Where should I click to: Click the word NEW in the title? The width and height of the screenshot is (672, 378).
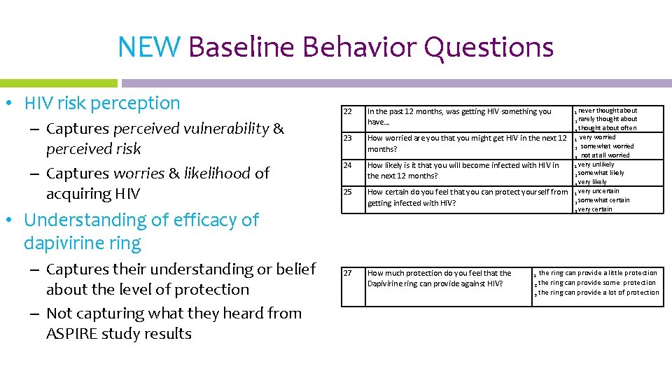pyautogui.click(x=149, y=48)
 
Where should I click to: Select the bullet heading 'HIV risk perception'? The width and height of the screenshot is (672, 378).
pyautogui.click(x=102, y=104)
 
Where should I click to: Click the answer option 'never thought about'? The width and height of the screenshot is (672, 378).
pyautogui.click(x=607, y=111)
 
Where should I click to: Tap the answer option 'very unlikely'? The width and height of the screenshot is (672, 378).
pyautogui.click(x=596, y=164)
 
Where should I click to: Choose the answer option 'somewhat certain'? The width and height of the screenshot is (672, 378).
pyautogui.click(x=603, y=200)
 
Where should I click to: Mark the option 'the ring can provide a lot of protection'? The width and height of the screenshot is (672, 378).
pyautogui.click(x=598, y=293)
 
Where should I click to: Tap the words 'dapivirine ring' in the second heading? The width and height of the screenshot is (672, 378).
pyautogui.click(x=83, y=244)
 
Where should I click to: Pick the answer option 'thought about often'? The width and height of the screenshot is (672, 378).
pyautogui.click(x=606, y=128)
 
